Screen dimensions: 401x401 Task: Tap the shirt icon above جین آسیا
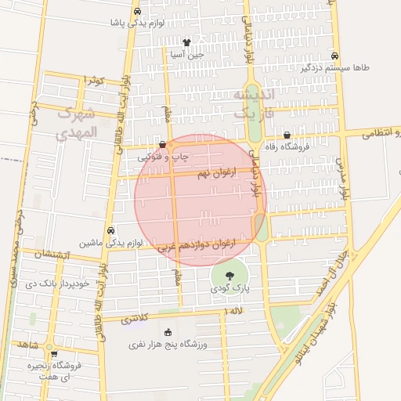coord(186,42)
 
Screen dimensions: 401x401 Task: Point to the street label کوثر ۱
coord(94,80)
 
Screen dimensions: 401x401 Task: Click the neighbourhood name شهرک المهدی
coord(77,122)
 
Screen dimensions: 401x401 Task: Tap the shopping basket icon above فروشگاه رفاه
coord(287,135)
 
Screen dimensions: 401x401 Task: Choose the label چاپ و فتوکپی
coord(164,157)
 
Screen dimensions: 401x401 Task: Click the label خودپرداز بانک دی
coord(60,283)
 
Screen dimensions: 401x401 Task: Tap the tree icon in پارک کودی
coord(229,275)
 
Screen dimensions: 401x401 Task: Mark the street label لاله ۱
coord(233,312)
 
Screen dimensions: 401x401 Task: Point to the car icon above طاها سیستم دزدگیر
coord(335,56)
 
